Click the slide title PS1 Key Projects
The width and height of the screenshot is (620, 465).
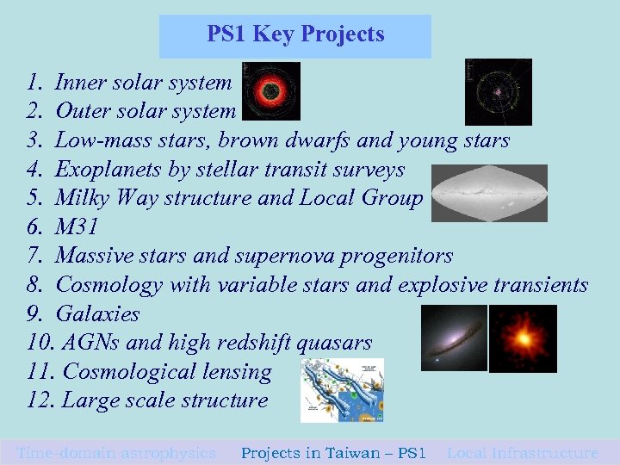[x=295, y=35]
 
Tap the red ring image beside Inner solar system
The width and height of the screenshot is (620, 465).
[x=271, y=90]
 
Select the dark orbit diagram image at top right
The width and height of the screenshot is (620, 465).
[x=498, y=91]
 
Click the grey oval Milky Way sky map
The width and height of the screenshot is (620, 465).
[x=489, y=193]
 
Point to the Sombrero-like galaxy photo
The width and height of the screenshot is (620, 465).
[x=453, y=338]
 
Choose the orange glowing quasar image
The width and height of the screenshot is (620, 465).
[x=523, y=338]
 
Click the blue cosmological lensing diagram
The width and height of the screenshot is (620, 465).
[x=342, y=390]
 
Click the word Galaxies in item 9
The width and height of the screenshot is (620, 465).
[x=97, y=314]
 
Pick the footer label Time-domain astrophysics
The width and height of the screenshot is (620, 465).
[x=116, y=452]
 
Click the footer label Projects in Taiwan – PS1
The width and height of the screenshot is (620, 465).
[x=333, y=452]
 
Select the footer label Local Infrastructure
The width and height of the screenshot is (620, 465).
[x=523, y=452]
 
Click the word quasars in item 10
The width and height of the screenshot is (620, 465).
[x=334, y=343]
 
